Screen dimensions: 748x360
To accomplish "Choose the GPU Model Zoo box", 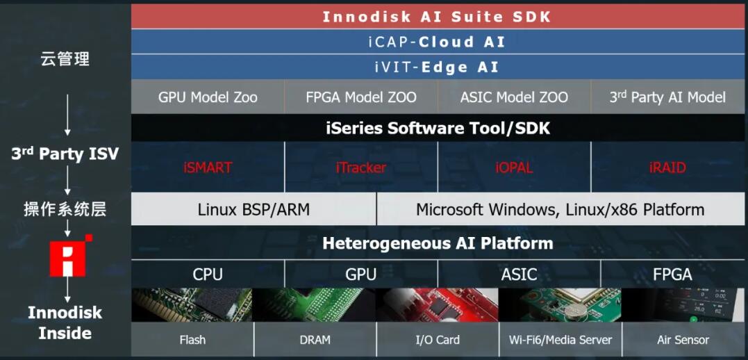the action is (208, 97).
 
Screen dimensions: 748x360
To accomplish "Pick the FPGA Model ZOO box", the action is (361, 97).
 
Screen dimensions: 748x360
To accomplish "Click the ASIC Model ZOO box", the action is (514, 97).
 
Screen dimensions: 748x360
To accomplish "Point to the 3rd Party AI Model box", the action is (668, 97).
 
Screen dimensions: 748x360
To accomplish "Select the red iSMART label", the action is (208, 167).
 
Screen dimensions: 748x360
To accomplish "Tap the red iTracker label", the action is (361, 167).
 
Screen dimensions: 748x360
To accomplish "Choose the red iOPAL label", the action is (514, 167).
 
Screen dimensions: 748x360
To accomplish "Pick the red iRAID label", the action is (668, 167).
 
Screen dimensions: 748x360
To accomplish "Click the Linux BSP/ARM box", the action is (254, 209).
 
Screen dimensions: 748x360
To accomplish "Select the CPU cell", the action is (208, 274).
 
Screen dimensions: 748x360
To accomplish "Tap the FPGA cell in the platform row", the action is (672, 274).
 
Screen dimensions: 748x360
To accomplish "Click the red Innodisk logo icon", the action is (70, 256).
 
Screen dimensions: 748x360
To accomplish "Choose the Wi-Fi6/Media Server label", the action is (560, 340).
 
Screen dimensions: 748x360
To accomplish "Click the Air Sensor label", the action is (683, 340).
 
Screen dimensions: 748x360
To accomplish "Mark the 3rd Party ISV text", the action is (65, 154).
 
